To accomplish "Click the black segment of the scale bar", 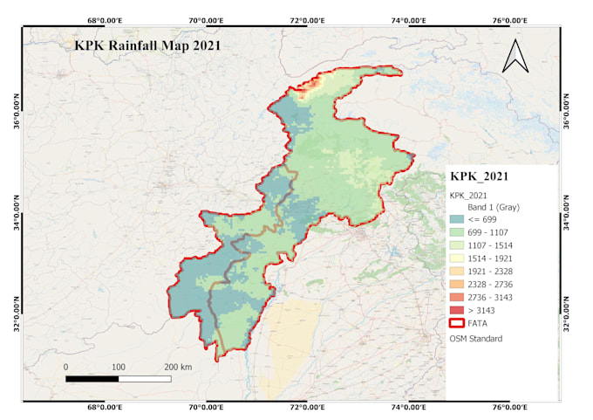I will click(92, 379).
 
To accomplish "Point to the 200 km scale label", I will click(178, 367).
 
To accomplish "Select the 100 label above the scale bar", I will click(118, 367).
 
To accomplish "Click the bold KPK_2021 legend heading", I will click(479, 176).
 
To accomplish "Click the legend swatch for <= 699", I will click(460, 219).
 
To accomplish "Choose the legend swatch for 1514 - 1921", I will click(460, 258).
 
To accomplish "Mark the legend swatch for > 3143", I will click(460, 311).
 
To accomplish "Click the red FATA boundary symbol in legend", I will click(460, 324).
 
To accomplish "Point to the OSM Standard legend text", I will click(475, 338).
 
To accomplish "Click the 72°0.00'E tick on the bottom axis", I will click(306, 407).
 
